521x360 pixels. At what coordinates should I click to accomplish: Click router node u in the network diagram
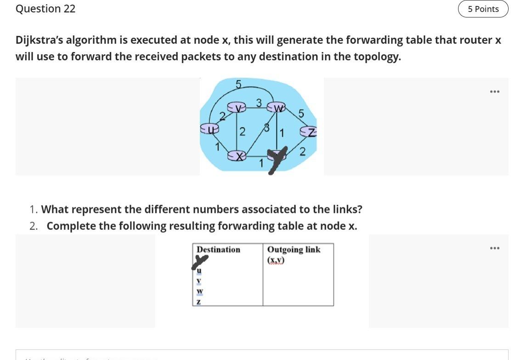210,130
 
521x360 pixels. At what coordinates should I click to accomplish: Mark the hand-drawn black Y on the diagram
277,160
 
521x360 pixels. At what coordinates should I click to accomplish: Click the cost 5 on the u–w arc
238,84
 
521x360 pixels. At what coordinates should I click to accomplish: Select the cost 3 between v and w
259,103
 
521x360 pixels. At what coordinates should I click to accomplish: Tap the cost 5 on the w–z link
301,113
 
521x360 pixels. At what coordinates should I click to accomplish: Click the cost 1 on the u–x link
217,147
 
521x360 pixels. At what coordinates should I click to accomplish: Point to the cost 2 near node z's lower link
302,152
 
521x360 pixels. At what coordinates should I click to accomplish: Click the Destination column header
218,250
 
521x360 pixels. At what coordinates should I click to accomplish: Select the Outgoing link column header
294,250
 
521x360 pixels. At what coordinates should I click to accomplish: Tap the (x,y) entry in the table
276,260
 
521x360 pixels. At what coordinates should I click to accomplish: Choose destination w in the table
199,291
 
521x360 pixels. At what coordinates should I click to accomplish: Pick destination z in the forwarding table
199,302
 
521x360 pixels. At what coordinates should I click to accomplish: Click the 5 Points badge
483,9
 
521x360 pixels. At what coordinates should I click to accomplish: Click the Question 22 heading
45,9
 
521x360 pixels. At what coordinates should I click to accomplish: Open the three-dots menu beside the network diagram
494,91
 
